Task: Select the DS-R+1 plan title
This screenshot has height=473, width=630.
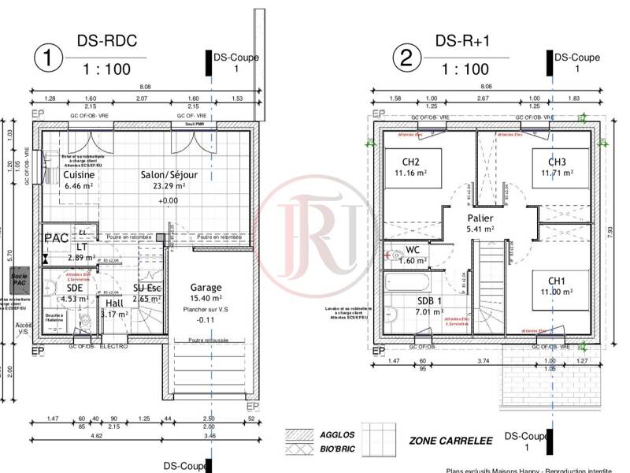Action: click(463, 41)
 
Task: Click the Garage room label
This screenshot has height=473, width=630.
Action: click(206, 288)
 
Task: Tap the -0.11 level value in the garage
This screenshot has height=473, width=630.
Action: click(206, 320)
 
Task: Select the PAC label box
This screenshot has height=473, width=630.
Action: click(55, 237)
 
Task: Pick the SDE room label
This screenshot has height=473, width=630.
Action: click(75, 288)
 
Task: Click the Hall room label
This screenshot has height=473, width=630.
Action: click(115, 303)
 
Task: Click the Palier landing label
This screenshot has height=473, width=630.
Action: click(480, 218)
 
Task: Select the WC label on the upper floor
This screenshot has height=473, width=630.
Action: click(412, 250)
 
